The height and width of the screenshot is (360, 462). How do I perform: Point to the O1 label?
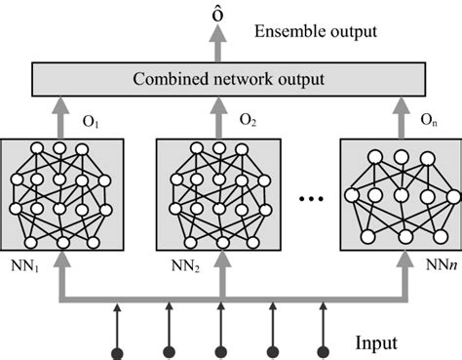pos(93,124)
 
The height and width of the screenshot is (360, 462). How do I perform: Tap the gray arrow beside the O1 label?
pos(64,117)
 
